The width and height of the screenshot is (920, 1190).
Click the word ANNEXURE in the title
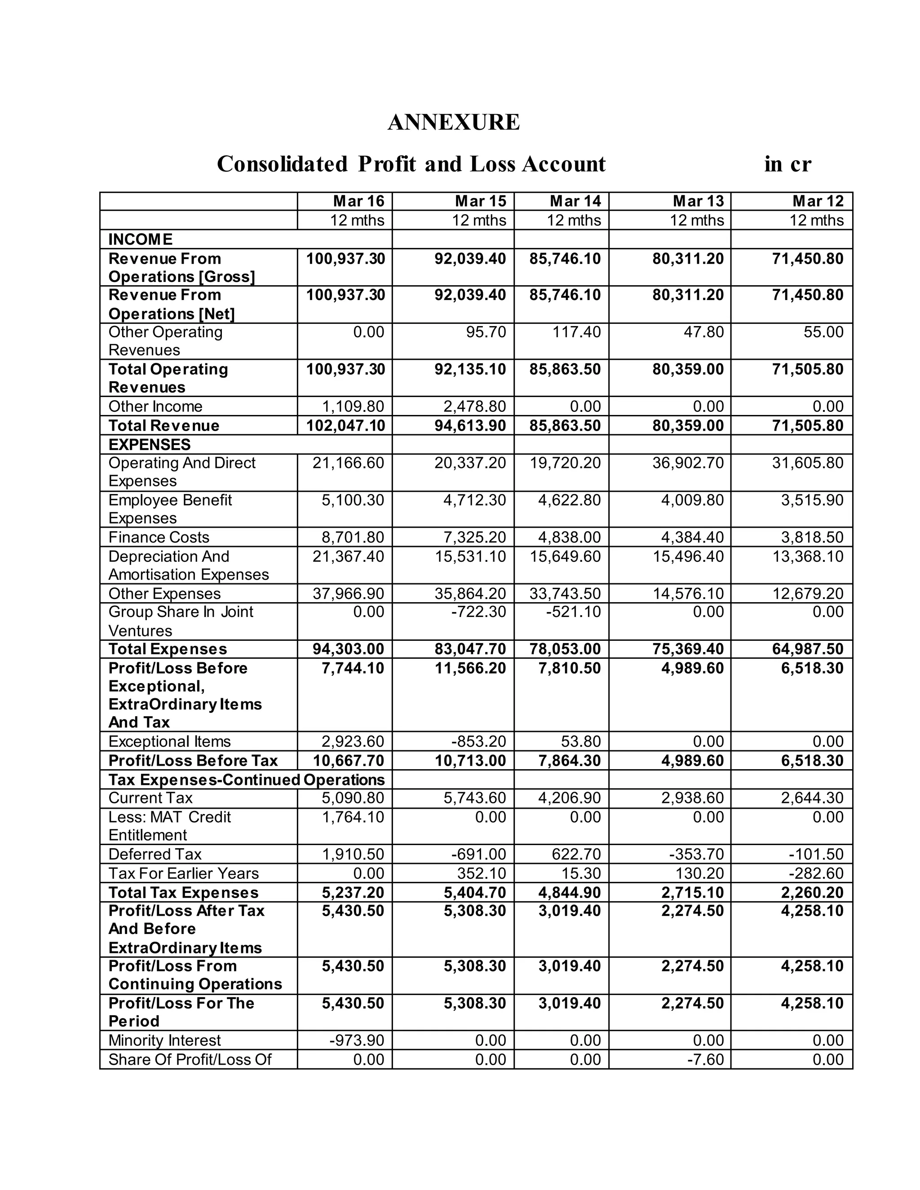coord(453,122)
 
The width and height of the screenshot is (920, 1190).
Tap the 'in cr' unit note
coord(787,163)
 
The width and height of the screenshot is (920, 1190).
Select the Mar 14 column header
coord(575,201)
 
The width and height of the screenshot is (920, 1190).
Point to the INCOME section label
coord(140,239)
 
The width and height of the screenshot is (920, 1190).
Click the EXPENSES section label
coord(149,444)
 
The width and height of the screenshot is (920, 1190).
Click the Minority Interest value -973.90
coord(357,1040)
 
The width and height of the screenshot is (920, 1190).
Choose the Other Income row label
coord(155,406)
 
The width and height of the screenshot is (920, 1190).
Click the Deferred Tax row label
coord(155,854)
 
